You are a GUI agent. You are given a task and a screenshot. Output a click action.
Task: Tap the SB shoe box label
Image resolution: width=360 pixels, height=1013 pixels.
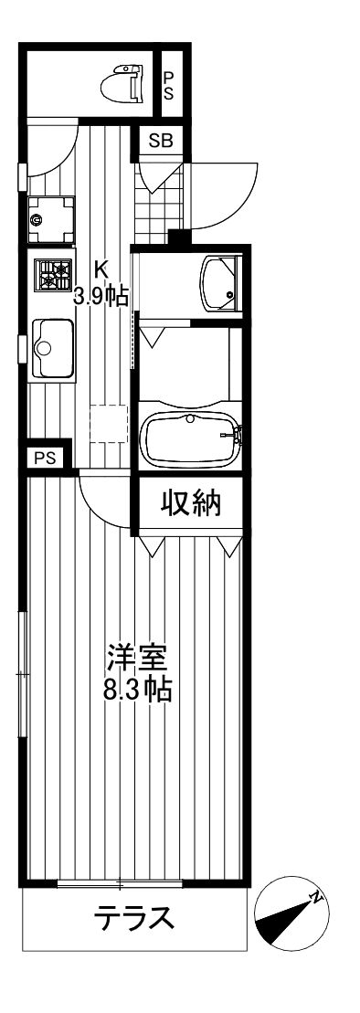(x=160, y=141)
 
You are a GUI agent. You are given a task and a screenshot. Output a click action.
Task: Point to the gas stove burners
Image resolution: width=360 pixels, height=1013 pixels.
(x=53, y=274)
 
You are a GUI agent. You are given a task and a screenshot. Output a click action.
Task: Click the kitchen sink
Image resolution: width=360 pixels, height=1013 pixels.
(x=51, y=346)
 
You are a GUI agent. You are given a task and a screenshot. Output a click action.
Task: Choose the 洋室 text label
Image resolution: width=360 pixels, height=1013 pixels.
(x=136, y=658)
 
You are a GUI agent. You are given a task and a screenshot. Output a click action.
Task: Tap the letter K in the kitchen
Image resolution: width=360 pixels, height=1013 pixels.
(x=102, y=269)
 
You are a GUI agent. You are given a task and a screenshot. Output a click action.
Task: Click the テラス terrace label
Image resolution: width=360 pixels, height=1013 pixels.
(x=133, y=918)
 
